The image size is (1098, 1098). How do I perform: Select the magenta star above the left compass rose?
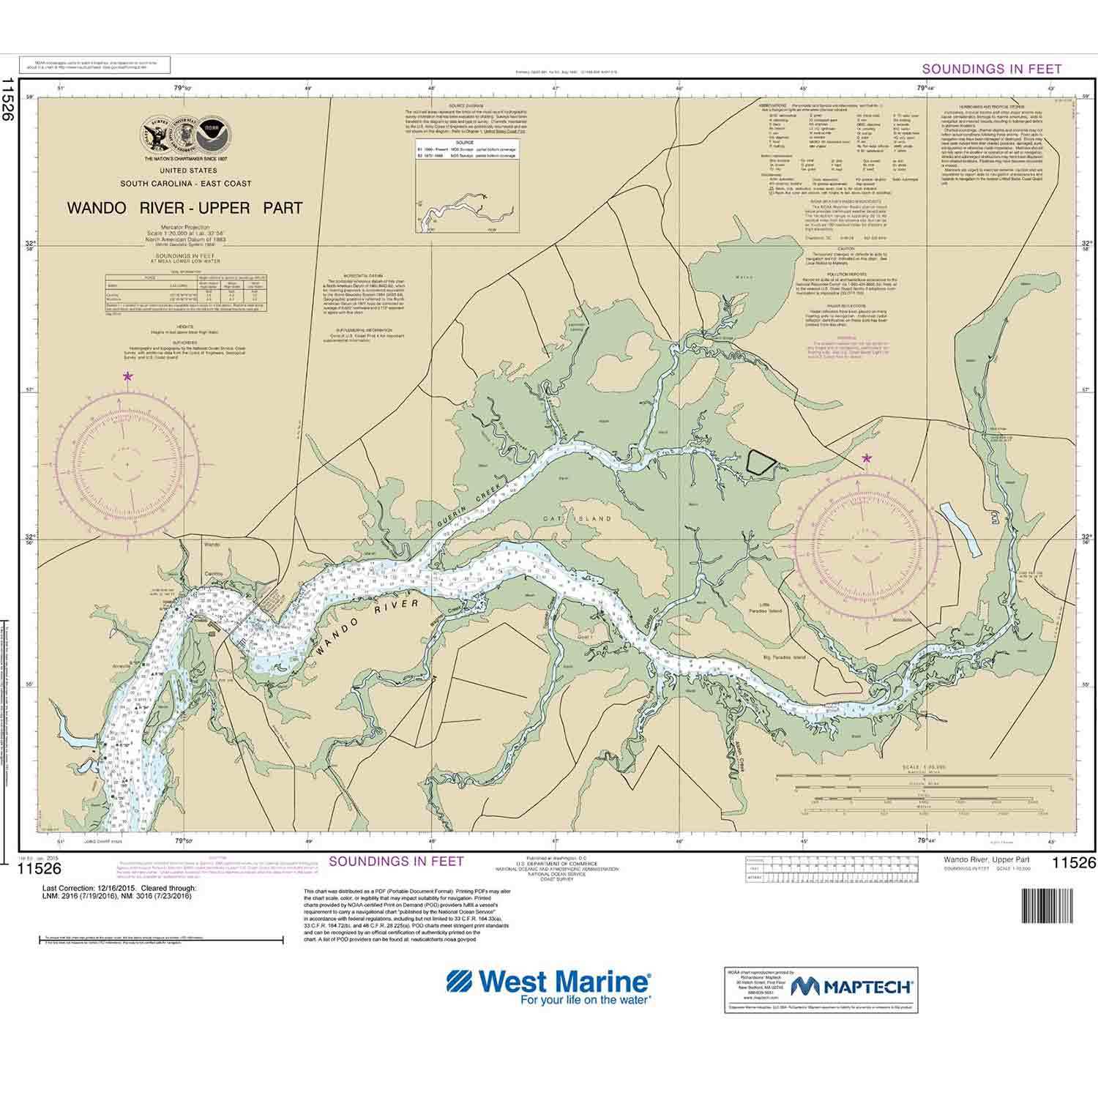(x=128, y=376)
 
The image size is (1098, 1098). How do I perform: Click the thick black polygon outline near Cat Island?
(x=759, y=462)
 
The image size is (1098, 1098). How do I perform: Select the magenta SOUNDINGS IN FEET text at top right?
(x=991, y=69)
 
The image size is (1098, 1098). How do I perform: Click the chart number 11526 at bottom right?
(x=1073, y=864)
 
